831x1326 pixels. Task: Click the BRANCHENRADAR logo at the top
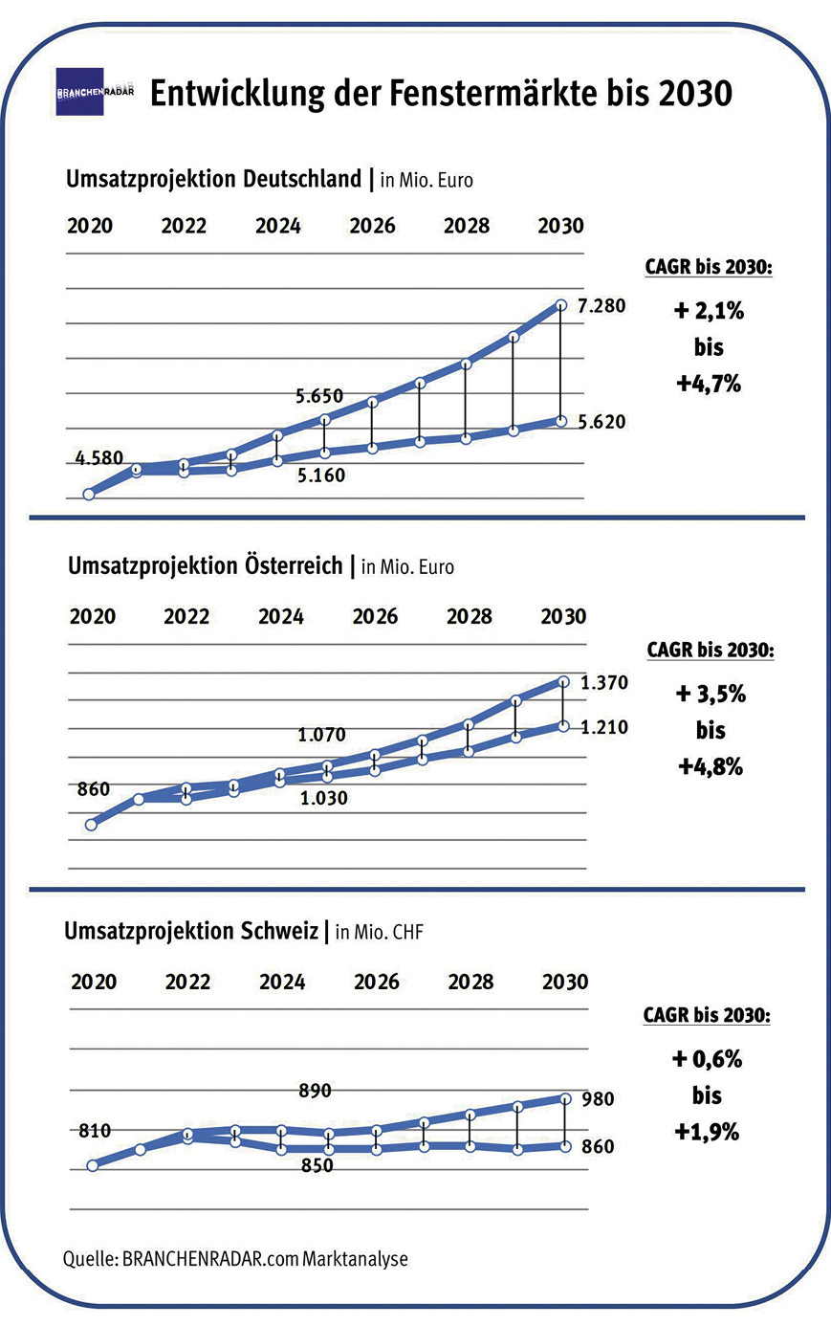(94, 92)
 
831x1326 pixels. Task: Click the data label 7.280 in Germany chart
(601, 306)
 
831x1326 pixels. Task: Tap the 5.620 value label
(602, 422)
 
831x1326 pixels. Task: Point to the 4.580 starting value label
(99, 458)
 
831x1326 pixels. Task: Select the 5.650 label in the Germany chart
(318, 396)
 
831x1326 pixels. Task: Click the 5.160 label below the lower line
(320, 475)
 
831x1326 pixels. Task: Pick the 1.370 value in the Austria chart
(604, 682)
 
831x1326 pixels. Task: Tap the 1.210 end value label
(604, 727)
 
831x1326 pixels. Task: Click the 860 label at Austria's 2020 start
(93, 789)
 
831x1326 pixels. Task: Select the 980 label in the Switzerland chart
(598, 1099)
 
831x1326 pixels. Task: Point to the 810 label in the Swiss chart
(94, 1131)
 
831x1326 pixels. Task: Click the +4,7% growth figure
(709, 384)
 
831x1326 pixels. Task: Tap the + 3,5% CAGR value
(711, 694)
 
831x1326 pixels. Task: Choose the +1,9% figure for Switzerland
(707, 1132)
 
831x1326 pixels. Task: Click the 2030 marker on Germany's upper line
(562, 305)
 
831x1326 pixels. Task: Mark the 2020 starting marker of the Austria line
(92, 824)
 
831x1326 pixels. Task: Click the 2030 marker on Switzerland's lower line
(565, 1146)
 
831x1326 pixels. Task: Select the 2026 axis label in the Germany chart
(372, 226)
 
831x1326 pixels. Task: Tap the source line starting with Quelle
(235, 1258)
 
